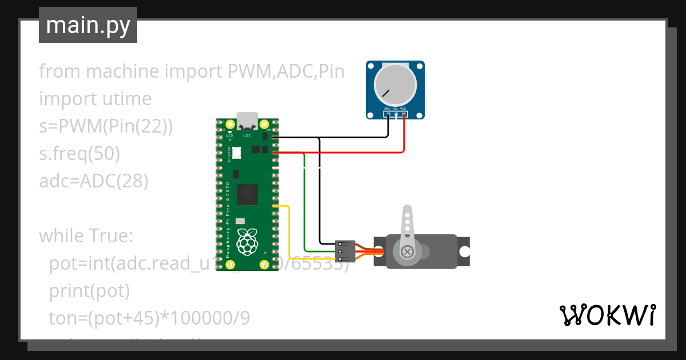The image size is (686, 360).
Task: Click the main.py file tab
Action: [87, 25]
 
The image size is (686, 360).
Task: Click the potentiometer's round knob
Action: [395, 85]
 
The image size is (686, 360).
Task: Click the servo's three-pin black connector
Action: [346, 251]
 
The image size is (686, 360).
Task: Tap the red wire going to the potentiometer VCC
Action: [404, 137]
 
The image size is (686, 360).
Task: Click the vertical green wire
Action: [305, 206]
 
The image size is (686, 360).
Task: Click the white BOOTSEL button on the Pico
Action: [237, 153]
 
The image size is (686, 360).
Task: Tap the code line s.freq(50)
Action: [79, 154]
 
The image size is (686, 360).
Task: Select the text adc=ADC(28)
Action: [94, 181]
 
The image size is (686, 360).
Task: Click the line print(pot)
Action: [90, 291]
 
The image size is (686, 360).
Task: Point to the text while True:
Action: [86, 235]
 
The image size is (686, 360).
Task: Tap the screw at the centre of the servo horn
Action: [407, 251]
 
